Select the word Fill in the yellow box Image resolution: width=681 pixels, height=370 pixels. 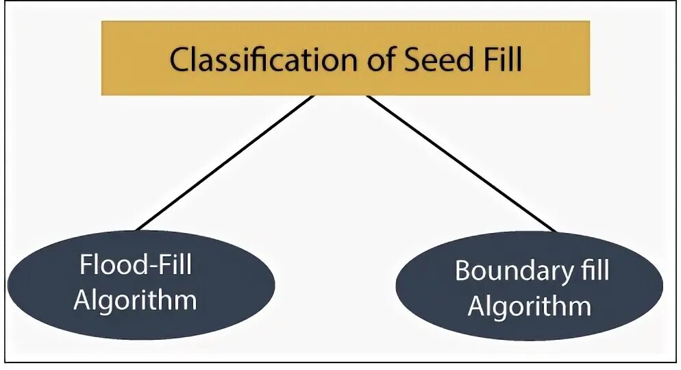tap(499, 60)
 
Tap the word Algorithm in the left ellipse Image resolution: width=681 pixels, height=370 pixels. tap(135, 300)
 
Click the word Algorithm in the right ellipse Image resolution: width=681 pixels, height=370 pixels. tap(529, 306)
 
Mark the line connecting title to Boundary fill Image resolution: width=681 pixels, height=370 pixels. tap(461, 162)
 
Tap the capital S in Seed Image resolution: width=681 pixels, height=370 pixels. tap(412, 60)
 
